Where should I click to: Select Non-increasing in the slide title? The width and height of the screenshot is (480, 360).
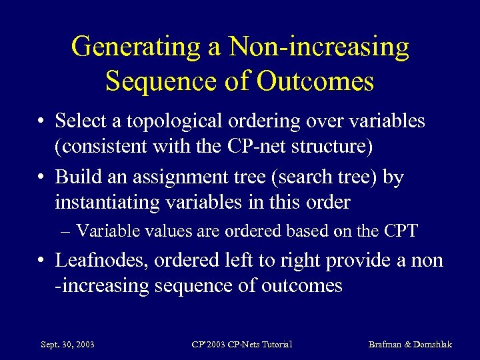click(x=319, y=48)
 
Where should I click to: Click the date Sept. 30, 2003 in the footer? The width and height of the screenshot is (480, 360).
click(x=67, y=345)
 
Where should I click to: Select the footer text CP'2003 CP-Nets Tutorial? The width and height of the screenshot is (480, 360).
click(x=241, y=345)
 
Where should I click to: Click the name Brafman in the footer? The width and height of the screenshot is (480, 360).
click(x=387, y=345)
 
